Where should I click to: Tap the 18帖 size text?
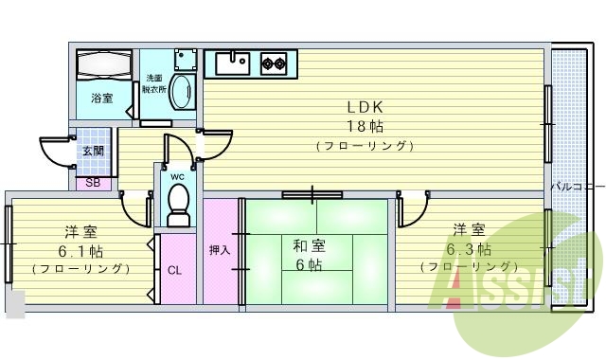click(365, 125)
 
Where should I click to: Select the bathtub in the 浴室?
click(104, 67)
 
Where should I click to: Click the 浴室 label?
click(102, 99)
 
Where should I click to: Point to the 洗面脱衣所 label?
click(154, 83)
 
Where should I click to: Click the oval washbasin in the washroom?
click(183, 94)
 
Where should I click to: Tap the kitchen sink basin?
click(230, 63)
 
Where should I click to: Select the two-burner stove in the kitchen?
click(275, 63)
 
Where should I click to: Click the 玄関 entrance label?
click(93, 152)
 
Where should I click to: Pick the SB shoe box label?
click(93, 183)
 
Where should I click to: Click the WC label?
click(177, 176)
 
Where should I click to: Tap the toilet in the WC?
click(178, 203)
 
